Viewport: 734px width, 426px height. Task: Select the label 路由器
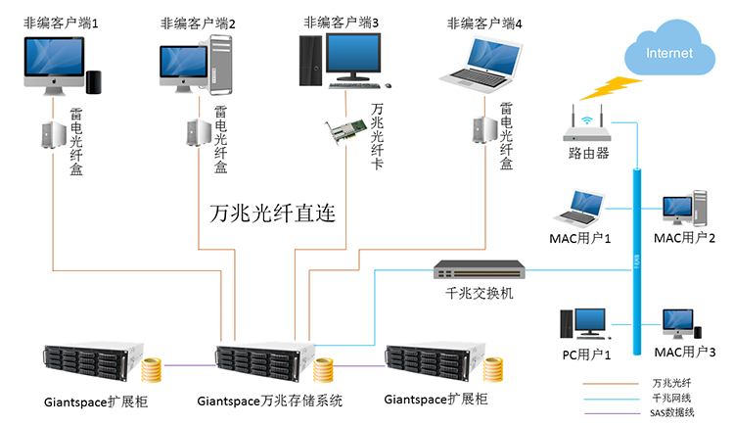(x=588, y=154)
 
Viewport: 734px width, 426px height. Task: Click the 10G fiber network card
(x=347, y=127)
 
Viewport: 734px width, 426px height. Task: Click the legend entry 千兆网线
(x=669, y=398)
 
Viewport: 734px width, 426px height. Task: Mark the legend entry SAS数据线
(x=671, y=412)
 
